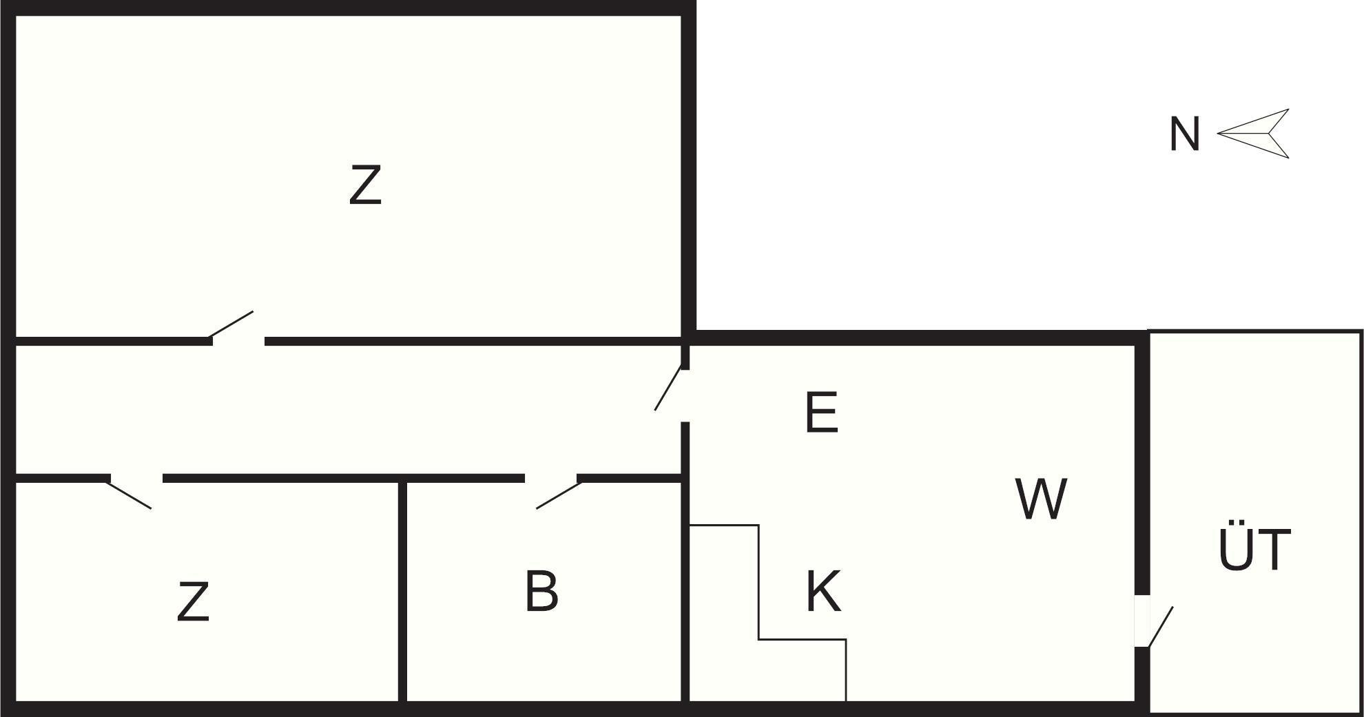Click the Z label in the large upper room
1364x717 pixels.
(x=365, y=185)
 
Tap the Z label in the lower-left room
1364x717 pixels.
(x=193, y=601)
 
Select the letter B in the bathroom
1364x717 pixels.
(x=541, y=590)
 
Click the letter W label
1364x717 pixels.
(x=1042, y=499)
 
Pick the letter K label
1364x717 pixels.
(x=824, y=591)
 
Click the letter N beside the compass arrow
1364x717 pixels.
(x=1185, y=134)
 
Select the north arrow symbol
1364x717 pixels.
(x=1253, y=134)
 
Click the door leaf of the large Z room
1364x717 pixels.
(x=231, y=324)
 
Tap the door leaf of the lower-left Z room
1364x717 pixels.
(x=129, y=495)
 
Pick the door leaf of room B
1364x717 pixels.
(x=559, y=495)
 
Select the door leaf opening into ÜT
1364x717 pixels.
(x=1160, y=627)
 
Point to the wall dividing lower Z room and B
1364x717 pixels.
(x=402, y=592)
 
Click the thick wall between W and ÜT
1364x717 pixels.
(x=1141, y=469)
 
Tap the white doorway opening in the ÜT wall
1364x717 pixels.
(x=1141, y=621)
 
